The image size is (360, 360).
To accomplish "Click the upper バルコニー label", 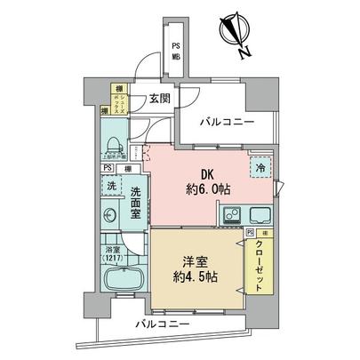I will click(226, 122).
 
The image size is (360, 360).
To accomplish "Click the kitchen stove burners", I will click(230, 214).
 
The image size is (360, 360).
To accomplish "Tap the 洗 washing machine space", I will click(111, 187).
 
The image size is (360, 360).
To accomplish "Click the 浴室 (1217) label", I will click(114, 253).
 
